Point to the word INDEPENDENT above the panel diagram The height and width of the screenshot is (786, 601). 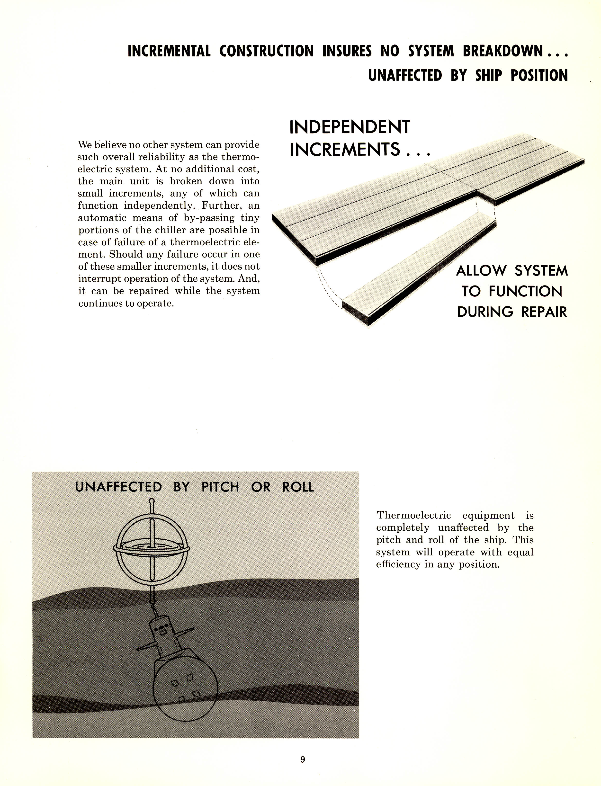coord(350,127)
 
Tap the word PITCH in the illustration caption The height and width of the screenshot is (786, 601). coord(220,487)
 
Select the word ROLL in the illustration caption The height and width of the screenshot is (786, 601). coord(298,487)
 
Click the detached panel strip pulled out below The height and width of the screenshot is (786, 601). coord(419,272)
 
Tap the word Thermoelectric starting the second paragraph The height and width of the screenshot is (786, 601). coord(413,515)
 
